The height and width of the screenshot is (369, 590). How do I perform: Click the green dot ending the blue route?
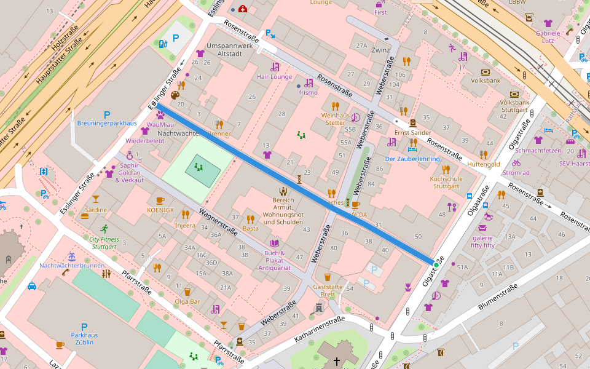pyautogui.click(x=436, y=264)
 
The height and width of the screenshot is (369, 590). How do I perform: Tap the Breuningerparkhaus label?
pyautogui.click(x=107, y=123)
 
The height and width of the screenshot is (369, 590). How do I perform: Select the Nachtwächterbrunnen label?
pyautogui.click(x=71, y=266)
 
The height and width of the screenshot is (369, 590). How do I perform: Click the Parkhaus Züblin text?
pyautogui.click(x=84, y=339)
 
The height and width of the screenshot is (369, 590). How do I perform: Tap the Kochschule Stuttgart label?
pyautogui.click(x=446, y=182)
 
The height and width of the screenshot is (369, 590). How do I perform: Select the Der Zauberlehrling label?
pyautogui.click(x=412, y=159)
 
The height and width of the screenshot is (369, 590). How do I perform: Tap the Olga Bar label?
pyautogui.click(x=187, y=301)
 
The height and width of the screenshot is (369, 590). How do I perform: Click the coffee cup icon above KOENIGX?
pyautogui.click(x=160, y=200)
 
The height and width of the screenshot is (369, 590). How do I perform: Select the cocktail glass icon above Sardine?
pyautogui.click(x=95, y=199)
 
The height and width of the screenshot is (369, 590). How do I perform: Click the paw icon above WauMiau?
pyautogui.click(x=160, y=114)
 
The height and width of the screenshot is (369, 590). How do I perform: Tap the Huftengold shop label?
pyautogui.click(x=484, y=164)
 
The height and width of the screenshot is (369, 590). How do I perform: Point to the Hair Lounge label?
pyautogui.click(x=274, y=77)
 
